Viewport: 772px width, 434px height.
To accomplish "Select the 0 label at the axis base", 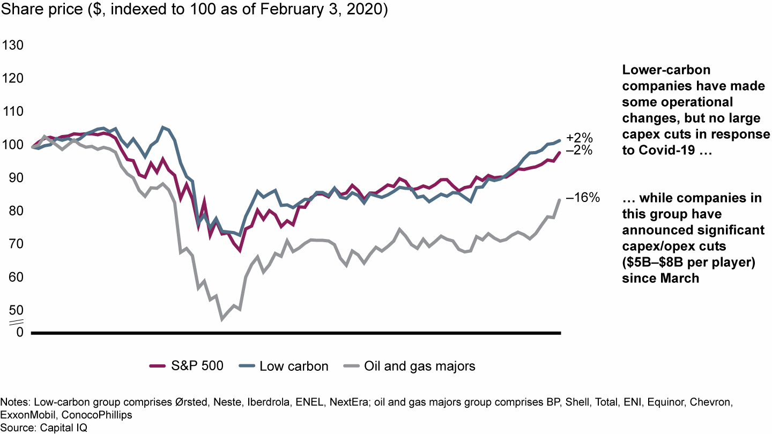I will click(20, 332).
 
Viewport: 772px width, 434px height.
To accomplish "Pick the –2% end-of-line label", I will click(580, 151).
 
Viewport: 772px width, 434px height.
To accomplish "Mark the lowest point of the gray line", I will click(222, 319).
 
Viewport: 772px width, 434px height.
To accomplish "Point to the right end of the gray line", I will click(560, 200).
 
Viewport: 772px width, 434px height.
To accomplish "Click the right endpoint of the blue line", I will click(560, 140).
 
